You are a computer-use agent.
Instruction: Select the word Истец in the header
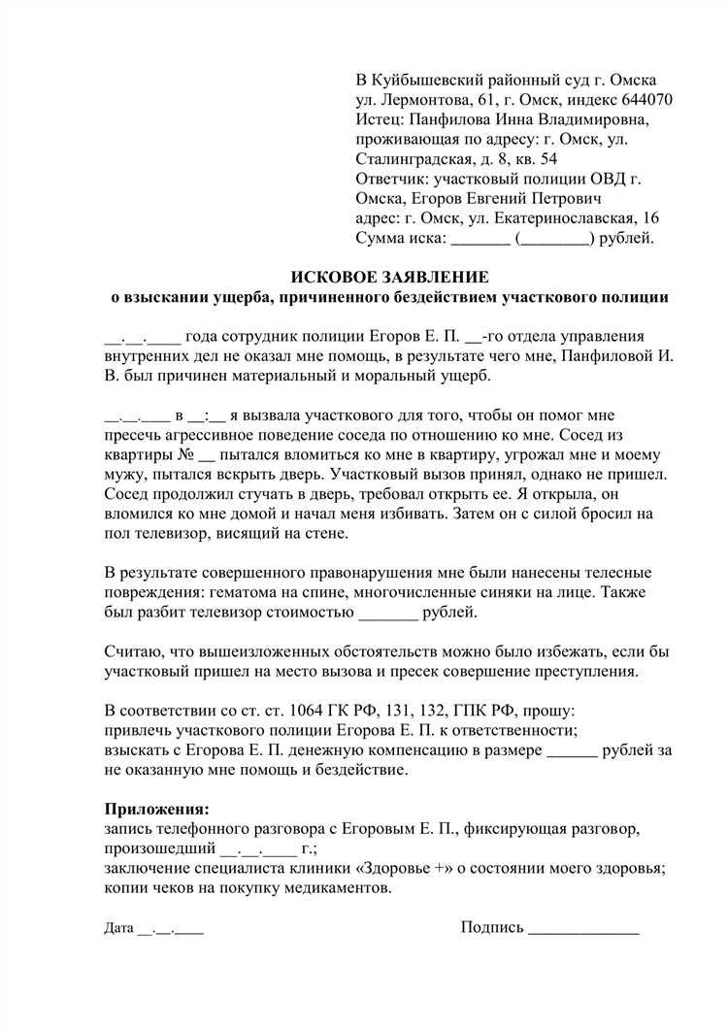point(381,119)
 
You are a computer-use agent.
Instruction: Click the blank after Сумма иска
point(480,238)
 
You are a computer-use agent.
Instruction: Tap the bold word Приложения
point(156,808)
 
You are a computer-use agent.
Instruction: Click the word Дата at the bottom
point(118,929)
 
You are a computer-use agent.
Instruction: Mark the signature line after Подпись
point(582,930)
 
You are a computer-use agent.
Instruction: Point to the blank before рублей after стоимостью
point(388,614)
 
